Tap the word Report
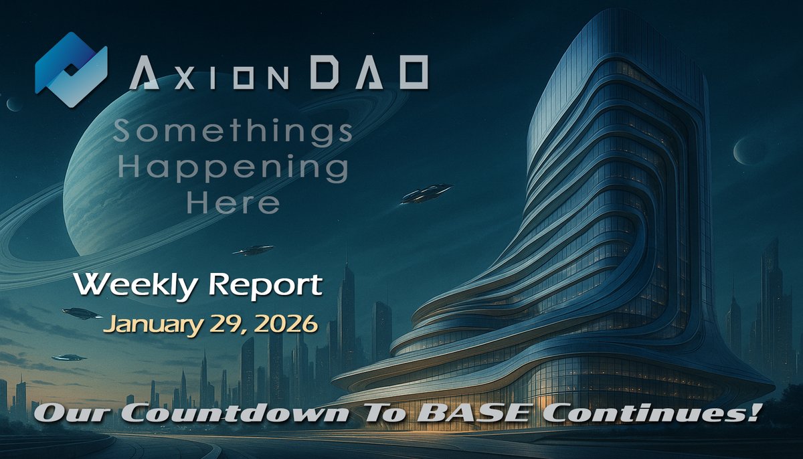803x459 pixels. pyautogui.click(x=270, y=286)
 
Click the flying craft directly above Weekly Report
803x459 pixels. pyautogui.click(x=254, y=250)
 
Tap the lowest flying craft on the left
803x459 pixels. pyautogui.click(x=70, y=357)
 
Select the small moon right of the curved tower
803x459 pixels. pyautogui.click(x=749, y=150)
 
